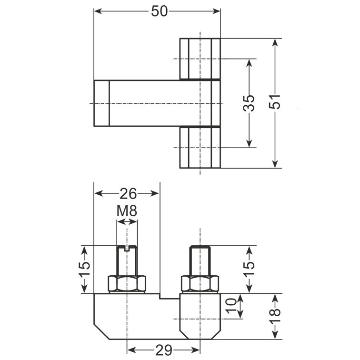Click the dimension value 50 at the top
(x=160, y=11)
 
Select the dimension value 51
(x=275, y=102)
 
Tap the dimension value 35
(x=249, y=103)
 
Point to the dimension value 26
(x=128, y=193)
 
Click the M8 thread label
(x=127, y=210)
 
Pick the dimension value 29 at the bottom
(x=164, y=350)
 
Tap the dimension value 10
(x=231, y=306)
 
